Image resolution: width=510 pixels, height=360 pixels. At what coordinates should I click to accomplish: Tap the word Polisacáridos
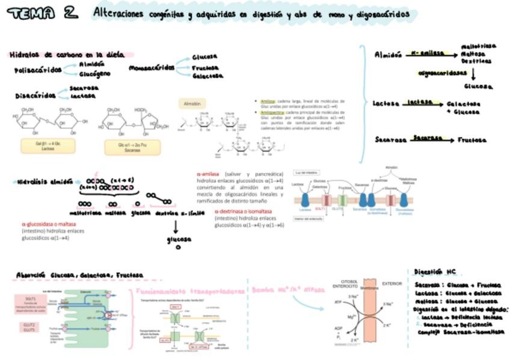[38, 70]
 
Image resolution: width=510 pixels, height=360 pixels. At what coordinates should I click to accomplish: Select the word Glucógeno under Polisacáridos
[95, 75]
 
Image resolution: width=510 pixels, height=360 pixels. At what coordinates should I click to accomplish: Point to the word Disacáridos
[35, 95]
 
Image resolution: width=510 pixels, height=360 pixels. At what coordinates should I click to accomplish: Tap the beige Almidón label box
[192, 104]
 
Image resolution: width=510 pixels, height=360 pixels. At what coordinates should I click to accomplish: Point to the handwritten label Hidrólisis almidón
[45, 181]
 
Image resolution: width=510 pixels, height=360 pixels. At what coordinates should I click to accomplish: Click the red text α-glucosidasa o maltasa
[45, 224]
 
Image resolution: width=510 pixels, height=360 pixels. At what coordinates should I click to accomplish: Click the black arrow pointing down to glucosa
[176, 227]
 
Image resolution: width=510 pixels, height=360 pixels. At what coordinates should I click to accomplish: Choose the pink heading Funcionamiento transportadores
[191, 291]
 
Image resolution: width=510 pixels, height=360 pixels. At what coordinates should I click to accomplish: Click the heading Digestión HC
[436, 272]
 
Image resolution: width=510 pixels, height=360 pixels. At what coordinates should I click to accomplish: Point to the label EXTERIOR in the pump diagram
[392, 283]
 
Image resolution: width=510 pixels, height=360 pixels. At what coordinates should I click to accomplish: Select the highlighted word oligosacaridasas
[443, 73]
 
